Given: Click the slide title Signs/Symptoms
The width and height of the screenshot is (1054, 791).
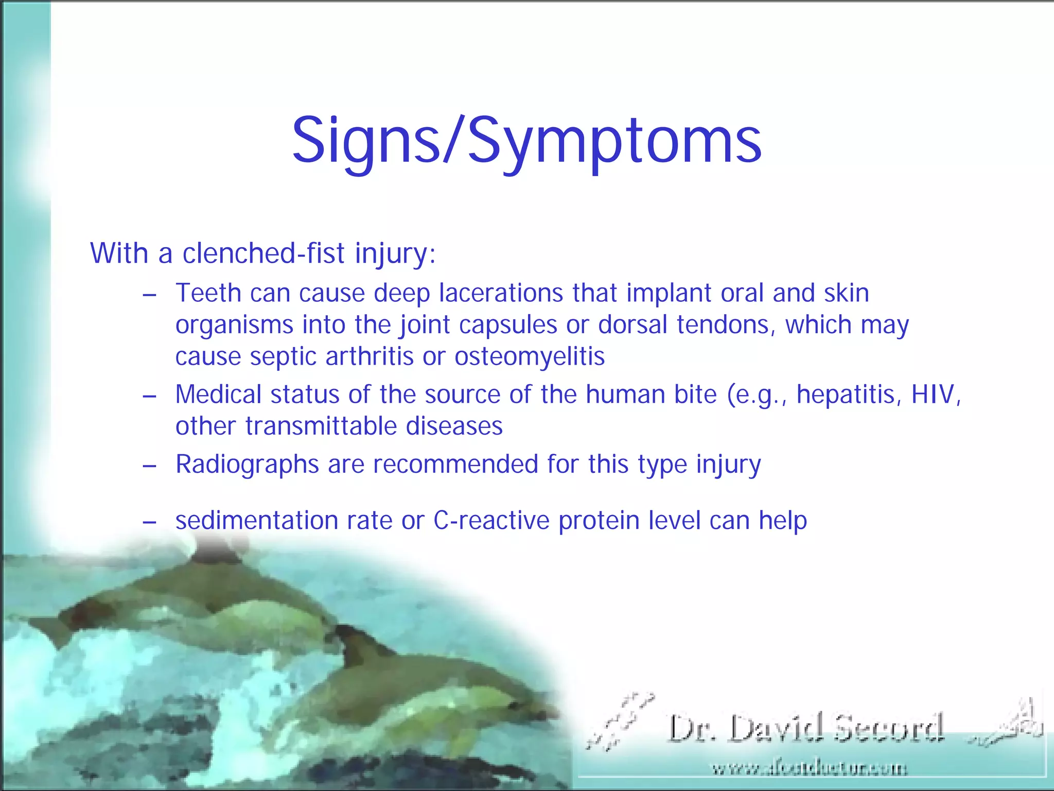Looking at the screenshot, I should coord(526,140).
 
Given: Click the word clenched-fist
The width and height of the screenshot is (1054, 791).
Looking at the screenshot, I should coord(263,253).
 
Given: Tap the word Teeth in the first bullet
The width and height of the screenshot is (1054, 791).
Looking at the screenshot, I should coord(208,293).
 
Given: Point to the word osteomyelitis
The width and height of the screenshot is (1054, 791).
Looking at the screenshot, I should coord(530,356).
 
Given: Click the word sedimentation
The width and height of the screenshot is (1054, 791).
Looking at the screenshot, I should coord(256,520).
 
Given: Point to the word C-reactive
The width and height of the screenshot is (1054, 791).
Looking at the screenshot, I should coord(491,520).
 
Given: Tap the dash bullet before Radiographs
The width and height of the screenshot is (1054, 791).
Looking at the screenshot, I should coord(149,466).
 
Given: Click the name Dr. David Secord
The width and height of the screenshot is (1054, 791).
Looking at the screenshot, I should coord(806,728).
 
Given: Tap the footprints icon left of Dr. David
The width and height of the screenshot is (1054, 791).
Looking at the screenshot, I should coord(620,721).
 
